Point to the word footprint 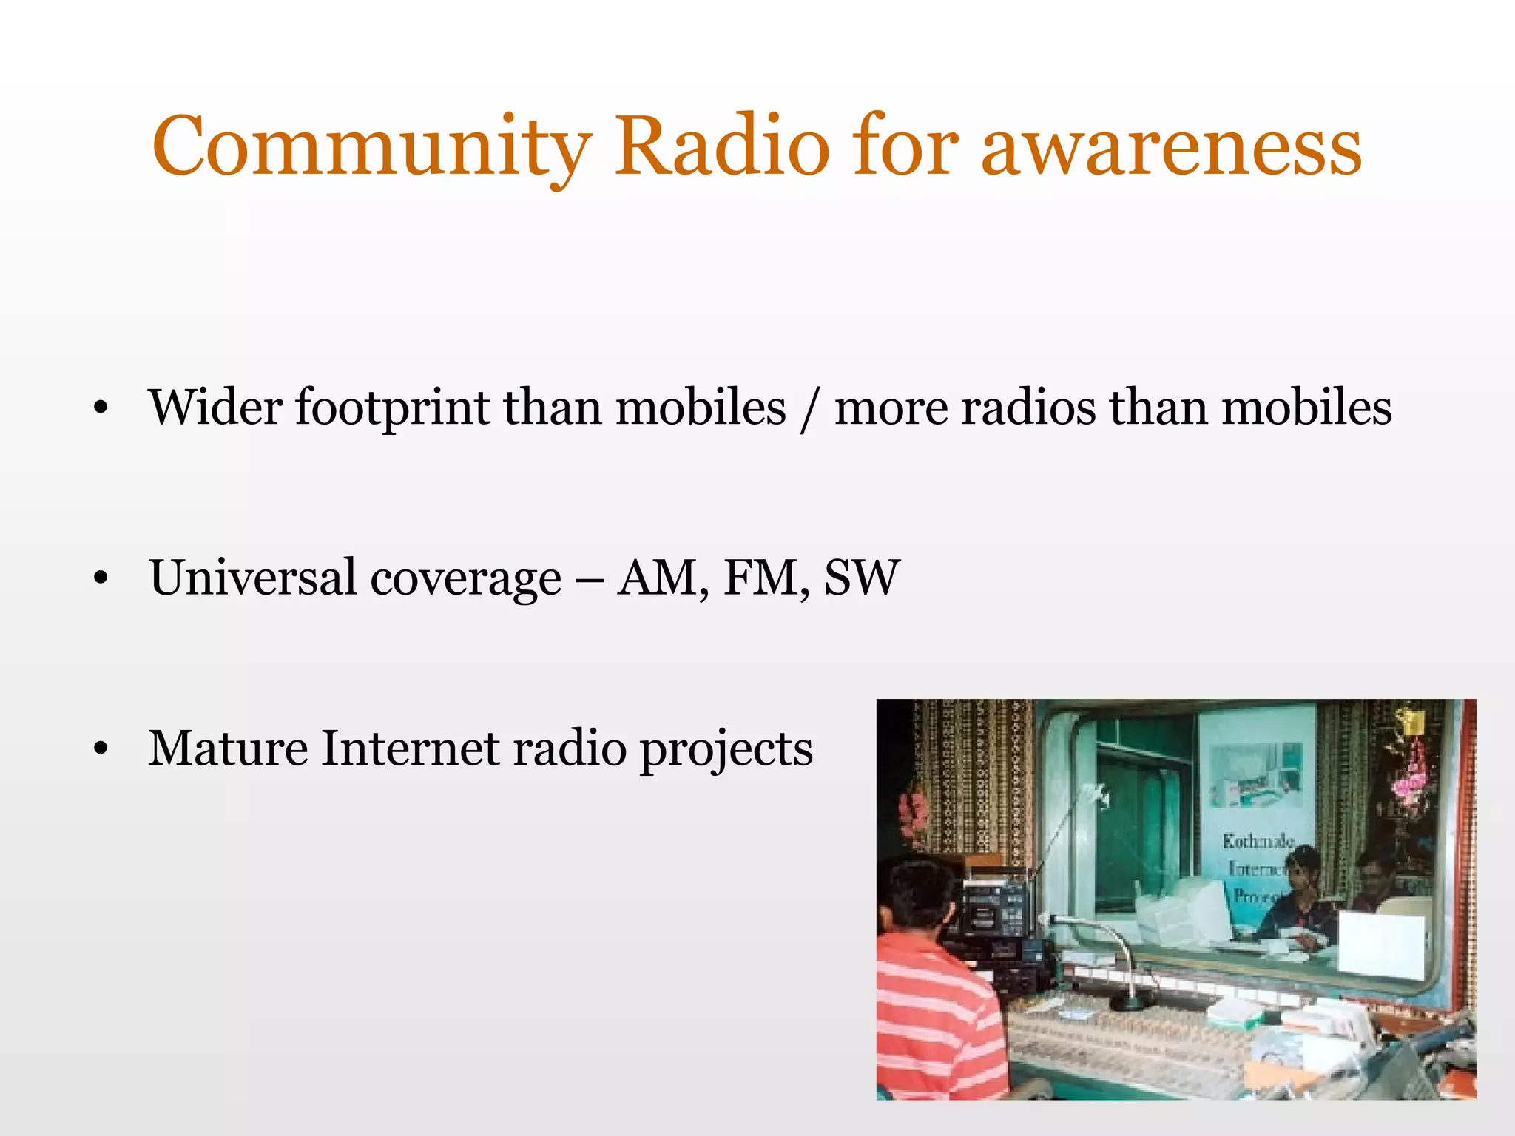pos(392,408)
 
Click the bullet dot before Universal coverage pos(101,578)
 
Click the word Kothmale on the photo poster pos(1258,841)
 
